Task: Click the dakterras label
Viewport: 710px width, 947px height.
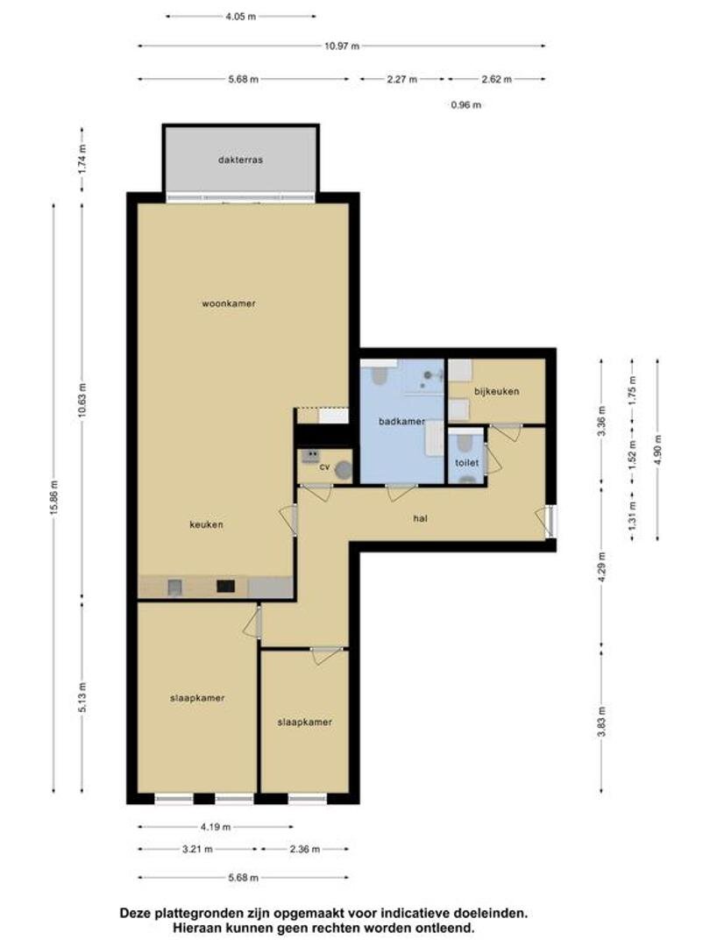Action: [240, 160]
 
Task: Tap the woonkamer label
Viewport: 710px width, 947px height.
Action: [229, 303]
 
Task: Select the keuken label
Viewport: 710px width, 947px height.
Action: [207, 525]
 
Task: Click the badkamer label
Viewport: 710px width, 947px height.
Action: [402, 422]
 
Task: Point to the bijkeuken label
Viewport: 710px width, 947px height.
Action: [496, 391]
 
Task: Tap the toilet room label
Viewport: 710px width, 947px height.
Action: [466, 463]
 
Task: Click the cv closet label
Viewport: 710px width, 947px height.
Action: [325, 466]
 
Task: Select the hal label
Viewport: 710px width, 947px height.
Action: [420, 518]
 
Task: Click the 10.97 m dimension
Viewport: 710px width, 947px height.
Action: [342, 46]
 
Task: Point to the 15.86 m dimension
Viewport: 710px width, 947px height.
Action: [53, 498]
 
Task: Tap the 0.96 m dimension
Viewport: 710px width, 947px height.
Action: [466, 105]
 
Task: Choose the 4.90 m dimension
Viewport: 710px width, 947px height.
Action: [657, 449]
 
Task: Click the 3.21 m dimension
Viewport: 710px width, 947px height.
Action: [197, 849]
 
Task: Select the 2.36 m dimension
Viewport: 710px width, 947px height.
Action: [305, 849]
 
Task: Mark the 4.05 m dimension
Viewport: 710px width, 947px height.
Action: [241, 17]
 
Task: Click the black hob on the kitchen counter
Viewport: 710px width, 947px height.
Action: [226, 586]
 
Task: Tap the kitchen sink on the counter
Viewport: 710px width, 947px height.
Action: [174, 587]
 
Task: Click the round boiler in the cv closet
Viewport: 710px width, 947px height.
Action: [344, 470]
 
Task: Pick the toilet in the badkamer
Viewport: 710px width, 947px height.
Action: [380, 375]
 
